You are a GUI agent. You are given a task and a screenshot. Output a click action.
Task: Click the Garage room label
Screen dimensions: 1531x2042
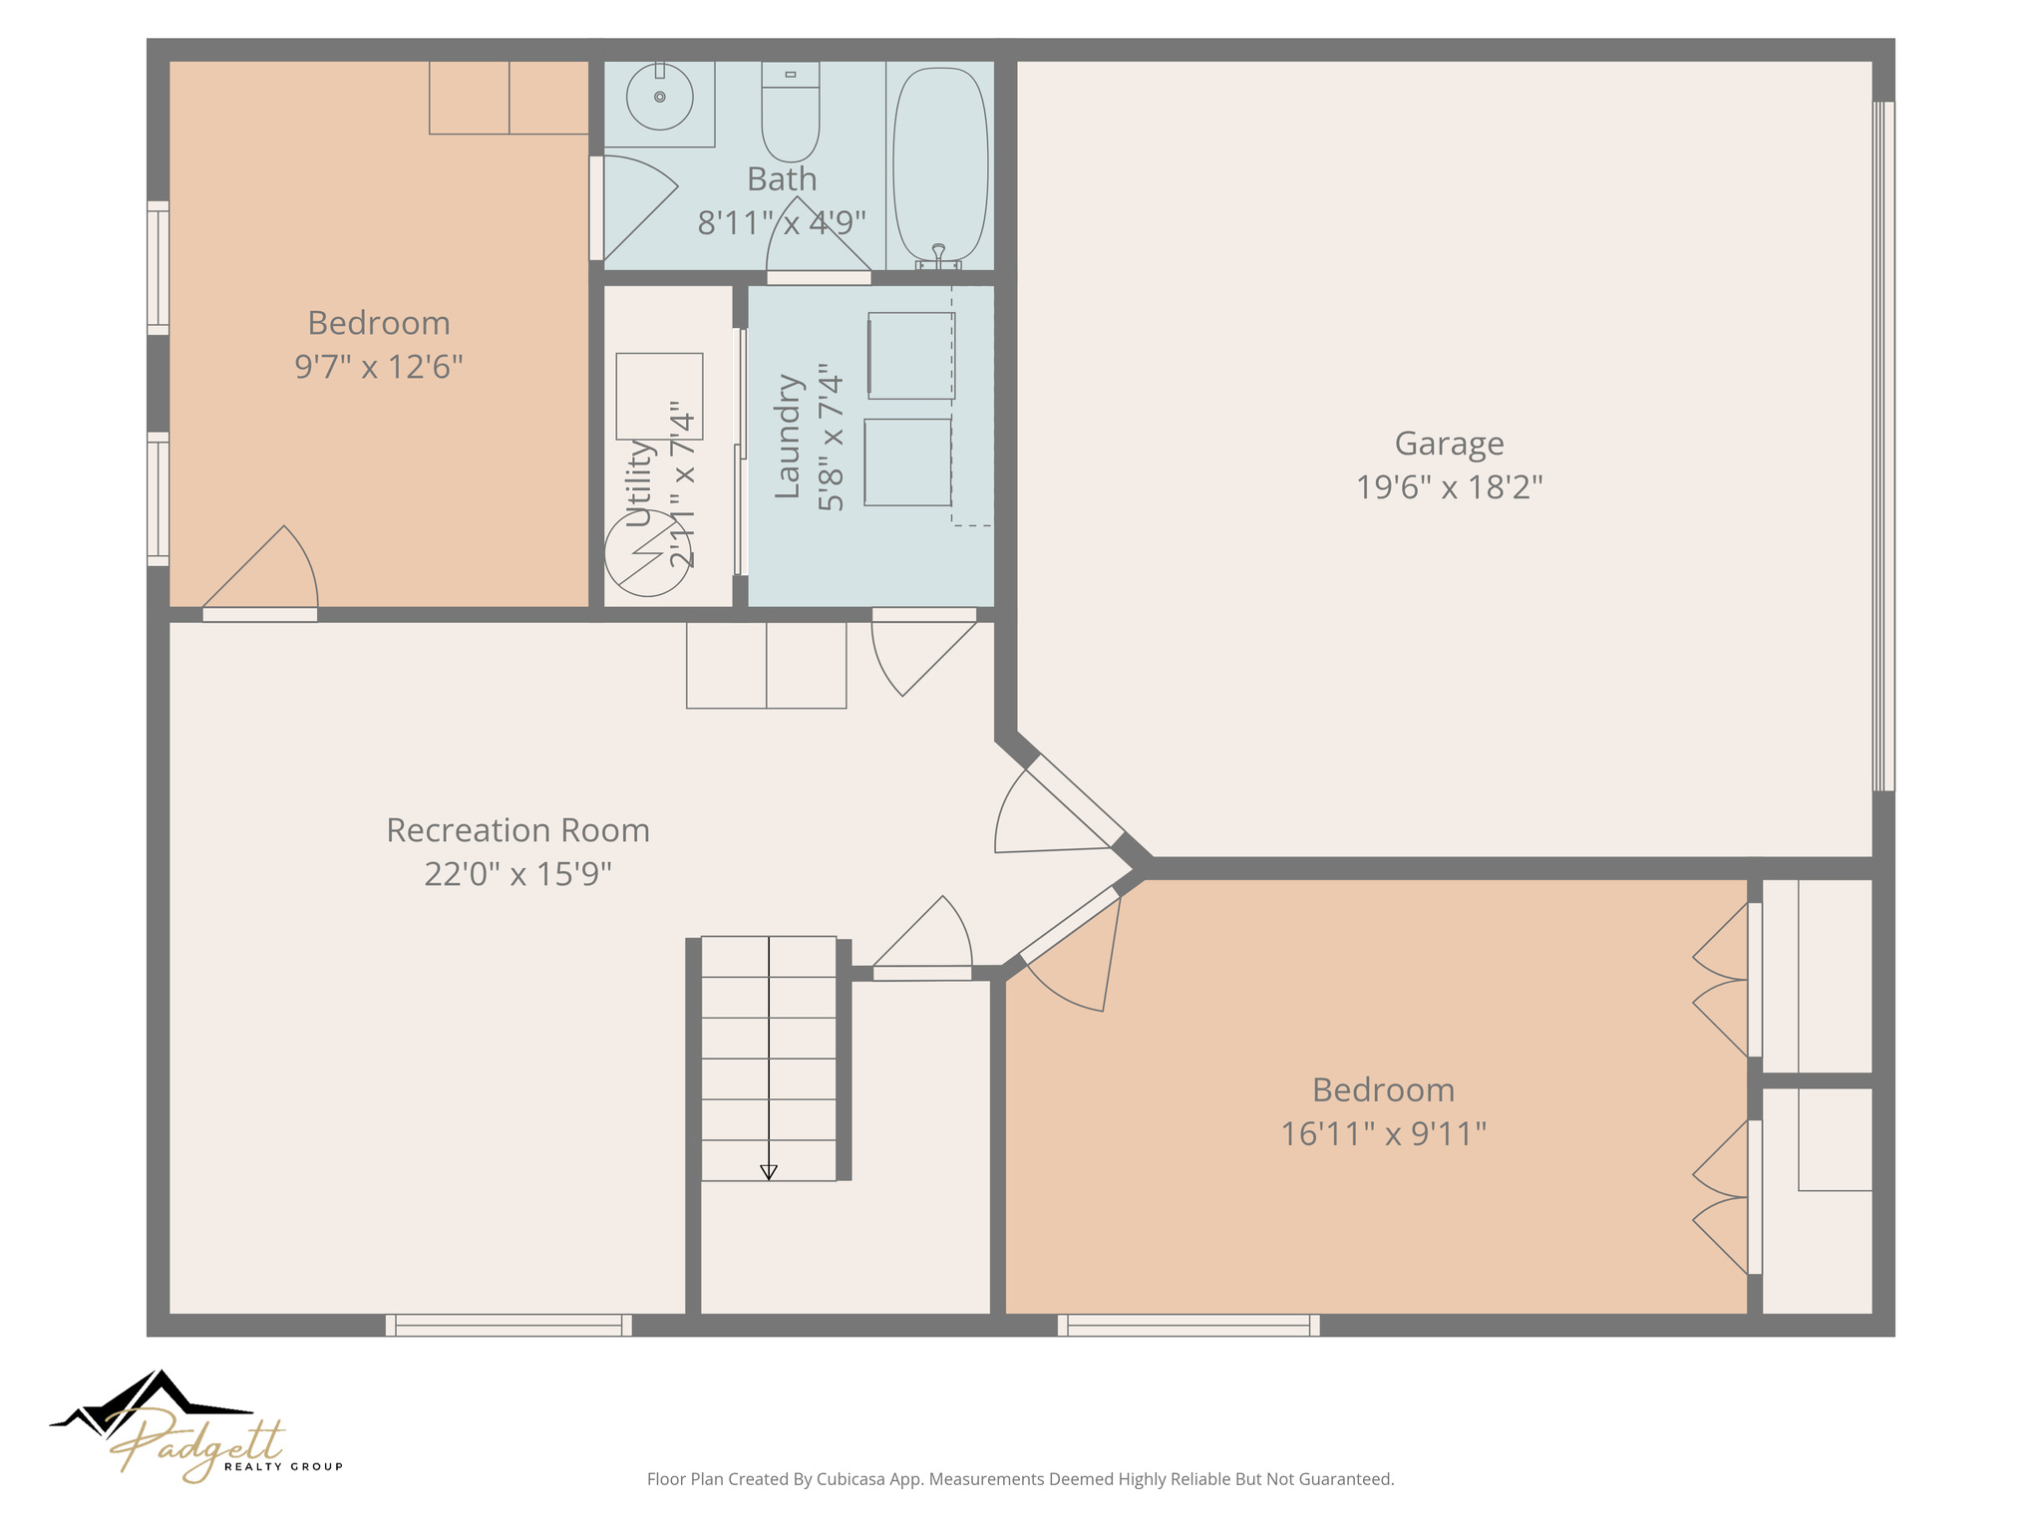(1448, 444)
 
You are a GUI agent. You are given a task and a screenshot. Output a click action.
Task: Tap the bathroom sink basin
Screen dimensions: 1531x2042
(659, 97)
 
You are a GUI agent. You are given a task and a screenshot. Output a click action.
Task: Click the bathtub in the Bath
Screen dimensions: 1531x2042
(939, 164)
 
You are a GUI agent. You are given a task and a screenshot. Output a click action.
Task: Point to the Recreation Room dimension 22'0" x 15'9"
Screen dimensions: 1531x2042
(517, 874)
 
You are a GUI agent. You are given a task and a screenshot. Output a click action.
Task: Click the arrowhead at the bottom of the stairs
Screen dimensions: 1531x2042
(768, 1172)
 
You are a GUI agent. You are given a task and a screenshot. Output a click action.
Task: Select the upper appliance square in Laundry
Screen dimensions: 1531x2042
(911, 356)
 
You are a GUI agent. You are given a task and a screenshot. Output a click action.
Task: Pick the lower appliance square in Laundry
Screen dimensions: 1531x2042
(907, 461)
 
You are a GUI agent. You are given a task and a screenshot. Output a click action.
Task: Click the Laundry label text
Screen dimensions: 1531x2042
(788, 437)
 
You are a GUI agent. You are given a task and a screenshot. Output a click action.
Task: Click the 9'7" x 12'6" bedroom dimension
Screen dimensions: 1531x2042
(379, 367)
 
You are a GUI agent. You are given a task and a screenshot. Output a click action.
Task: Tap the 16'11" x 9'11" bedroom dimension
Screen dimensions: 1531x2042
(1383, 1133)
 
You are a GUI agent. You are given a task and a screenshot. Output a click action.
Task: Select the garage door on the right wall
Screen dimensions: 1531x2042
(1882, 446)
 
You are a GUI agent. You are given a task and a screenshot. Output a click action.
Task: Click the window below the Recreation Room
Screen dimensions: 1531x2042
(509, 1325)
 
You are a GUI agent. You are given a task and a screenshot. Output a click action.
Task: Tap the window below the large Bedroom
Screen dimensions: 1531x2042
(1189, 1325)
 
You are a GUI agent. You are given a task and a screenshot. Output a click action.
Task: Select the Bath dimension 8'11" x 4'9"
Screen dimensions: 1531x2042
(781, 223)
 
